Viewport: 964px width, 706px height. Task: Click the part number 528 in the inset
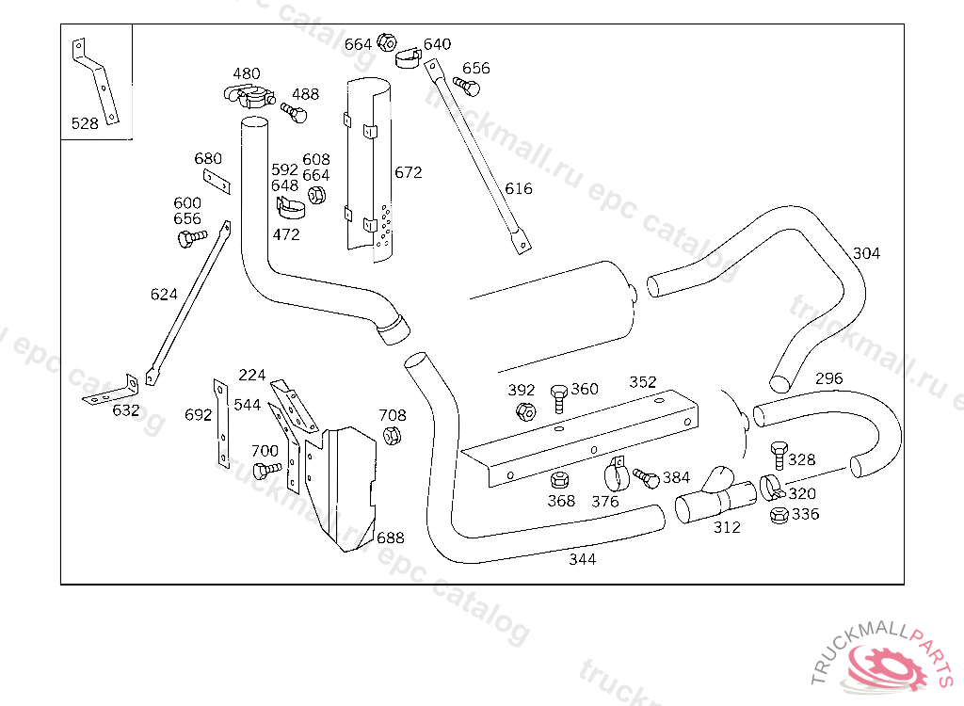[85, 123]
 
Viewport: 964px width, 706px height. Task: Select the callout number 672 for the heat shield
[409, 172]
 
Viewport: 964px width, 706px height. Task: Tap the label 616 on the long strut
[519, 188]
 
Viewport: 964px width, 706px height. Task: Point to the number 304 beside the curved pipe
[867, 253]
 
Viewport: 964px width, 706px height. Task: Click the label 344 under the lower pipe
[582, 559]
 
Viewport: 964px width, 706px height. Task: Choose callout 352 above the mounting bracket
[643, 382]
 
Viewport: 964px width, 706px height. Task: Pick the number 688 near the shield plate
[390, 538]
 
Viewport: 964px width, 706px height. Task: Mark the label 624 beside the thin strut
[164, 295]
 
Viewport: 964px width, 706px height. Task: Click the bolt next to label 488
[295, 113]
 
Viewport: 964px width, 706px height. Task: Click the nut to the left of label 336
[779, 515]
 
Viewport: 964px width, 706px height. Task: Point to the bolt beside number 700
[268, 468]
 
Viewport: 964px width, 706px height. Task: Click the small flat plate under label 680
[217, 180]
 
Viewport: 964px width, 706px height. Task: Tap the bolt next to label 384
[647, 478]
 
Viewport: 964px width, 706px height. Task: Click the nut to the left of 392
[526, 410]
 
